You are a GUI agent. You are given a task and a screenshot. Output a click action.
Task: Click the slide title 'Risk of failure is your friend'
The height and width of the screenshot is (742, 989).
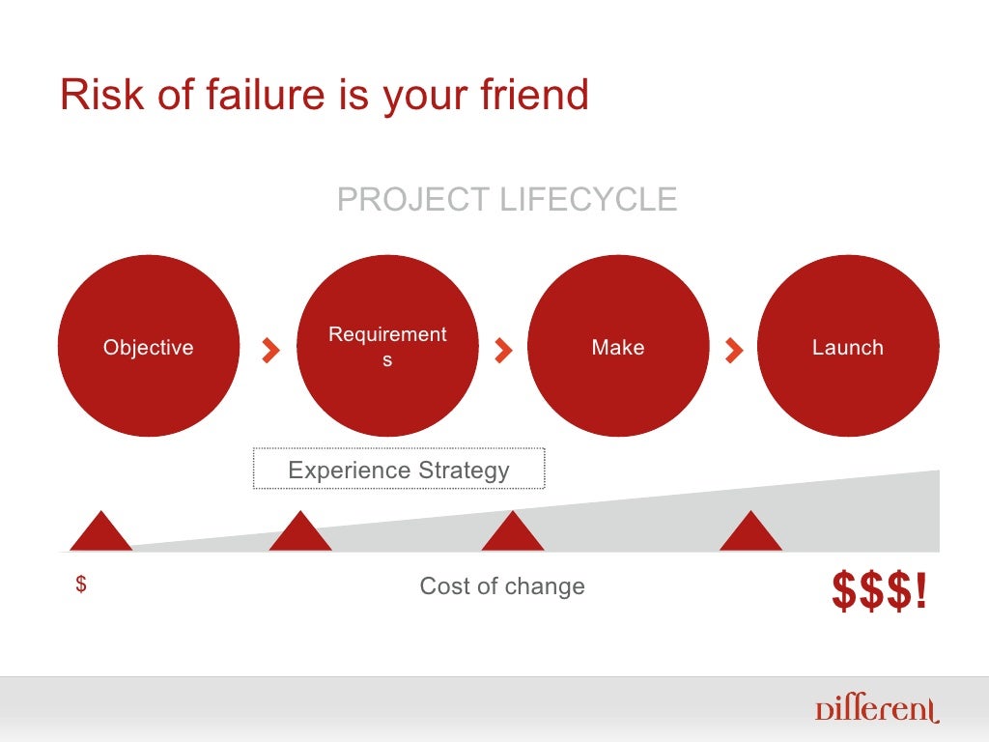point(324,95)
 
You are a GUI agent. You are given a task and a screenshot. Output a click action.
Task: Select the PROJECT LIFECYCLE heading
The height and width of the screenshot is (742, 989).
point(506,200)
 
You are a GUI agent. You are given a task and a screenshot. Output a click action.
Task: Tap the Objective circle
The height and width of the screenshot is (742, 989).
point(149,346)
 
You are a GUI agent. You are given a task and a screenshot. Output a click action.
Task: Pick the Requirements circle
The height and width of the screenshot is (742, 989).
point(387,346)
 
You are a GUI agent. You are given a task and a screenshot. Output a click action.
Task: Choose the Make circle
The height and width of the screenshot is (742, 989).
point(618,346)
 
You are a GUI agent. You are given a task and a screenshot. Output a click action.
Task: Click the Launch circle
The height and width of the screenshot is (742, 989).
point(848,346)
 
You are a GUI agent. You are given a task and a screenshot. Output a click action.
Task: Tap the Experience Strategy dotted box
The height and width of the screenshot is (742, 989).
point(399,470)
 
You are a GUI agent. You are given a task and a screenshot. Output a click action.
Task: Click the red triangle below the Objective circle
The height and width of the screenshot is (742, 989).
point(100,533)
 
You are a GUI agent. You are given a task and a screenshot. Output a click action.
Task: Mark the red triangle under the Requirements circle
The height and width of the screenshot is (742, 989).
point(299,533)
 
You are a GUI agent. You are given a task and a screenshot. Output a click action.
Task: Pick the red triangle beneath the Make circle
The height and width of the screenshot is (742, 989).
point(513,533)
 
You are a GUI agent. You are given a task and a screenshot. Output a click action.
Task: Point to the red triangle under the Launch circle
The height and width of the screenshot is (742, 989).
point(750,533)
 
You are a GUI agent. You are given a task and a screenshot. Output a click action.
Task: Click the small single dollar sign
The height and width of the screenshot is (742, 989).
point(81,585)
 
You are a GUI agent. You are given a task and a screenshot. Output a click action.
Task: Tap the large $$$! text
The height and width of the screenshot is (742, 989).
point(879,592)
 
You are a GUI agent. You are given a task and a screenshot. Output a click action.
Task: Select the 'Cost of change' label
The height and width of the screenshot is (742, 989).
point(502,586)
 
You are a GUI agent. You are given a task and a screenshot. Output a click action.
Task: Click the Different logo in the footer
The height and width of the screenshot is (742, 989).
point(875,710)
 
